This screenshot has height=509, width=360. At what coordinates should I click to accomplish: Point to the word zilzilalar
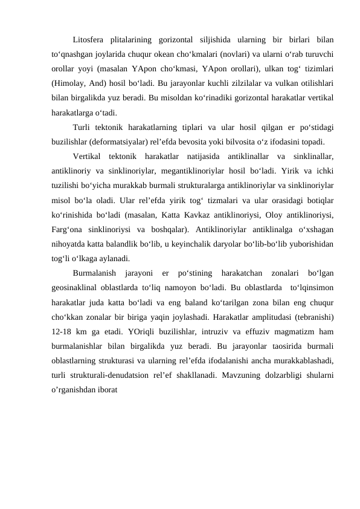click(x=228, y=83)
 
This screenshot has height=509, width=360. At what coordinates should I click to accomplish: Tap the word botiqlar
click(x=320, y=199)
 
